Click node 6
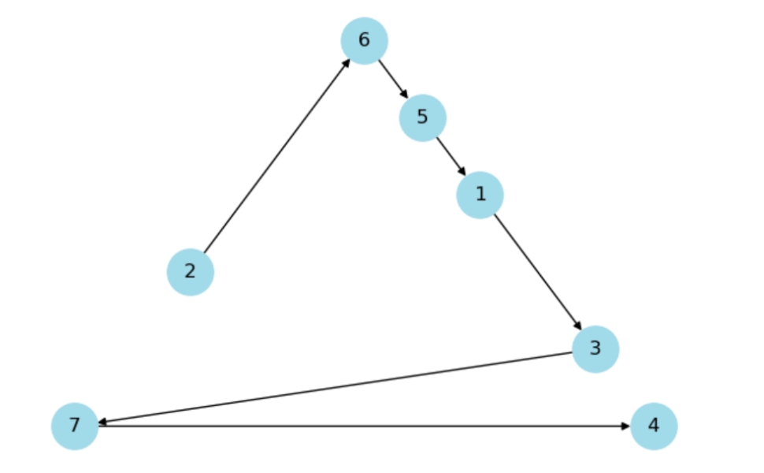(x=364, y=40)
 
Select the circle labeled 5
(x=422, y=117)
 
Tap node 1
(x=480, y=194)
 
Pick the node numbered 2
(x=190, y=271)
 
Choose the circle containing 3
(x=595, y=348)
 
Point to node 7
(x=74, y=426)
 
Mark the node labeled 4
(x=653, y=426)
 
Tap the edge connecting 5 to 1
(x=451, y=155)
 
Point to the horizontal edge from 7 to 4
(x=362, y=426)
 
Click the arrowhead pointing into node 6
(x=347, y=62)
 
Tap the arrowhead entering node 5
(x=405, y=95)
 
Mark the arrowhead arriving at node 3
(x=577, y=326)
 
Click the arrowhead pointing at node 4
(x=625, y=426)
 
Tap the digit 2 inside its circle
(x=190, y=271)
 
